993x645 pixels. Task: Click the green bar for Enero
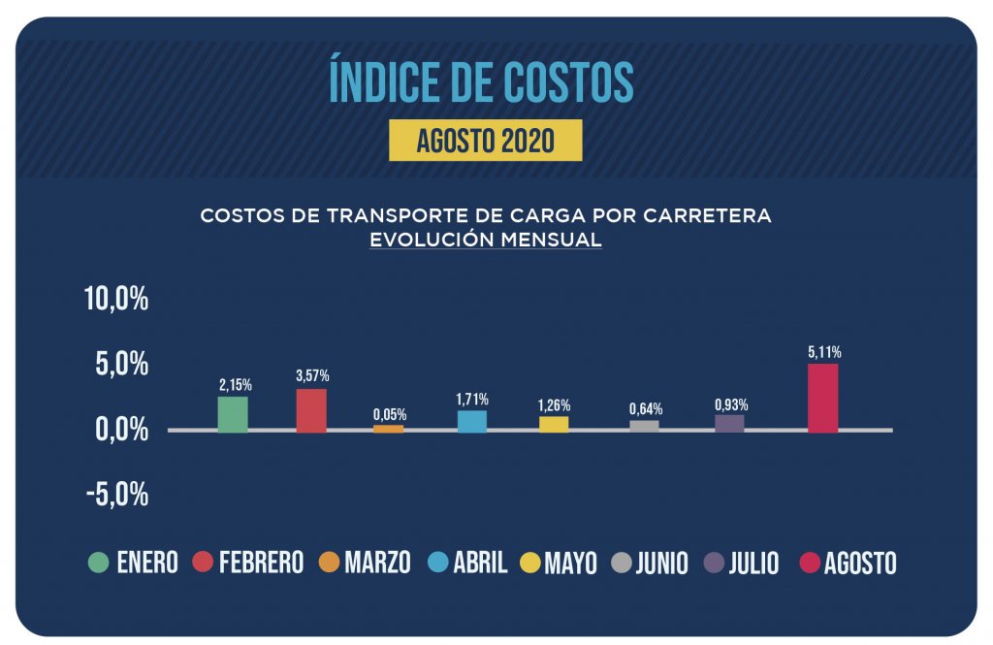coord(233,414)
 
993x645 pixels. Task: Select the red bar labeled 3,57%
coord(311,410)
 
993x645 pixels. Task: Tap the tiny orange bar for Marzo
coord(389,428)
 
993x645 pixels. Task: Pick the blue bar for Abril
coord(472,421)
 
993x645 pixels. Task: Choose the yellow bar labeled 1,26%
coord(554,424)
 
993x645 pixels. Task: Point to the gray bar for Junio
coord(644,426)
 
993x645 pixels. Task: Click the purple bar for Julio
coord(729,423)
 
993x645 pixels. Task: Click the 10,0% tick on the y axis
coord(116,299)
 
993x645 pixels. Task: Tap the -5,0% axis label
coord(116,495)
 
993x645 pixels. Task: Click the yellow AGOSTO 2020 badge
coord(485,141)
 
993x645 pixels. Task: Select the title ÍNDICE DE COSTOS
coord(482,83)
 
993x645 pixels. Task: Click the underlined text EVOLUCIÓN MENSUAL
coord(486,240)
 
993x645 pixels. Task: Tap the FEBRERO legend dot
coord(203,563)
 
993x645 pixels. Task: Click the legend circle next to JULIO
coord(716,563)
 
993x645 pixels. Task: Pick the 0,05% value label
coord(390,414)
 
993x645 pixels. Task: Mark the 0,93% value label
coord(731,404)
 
